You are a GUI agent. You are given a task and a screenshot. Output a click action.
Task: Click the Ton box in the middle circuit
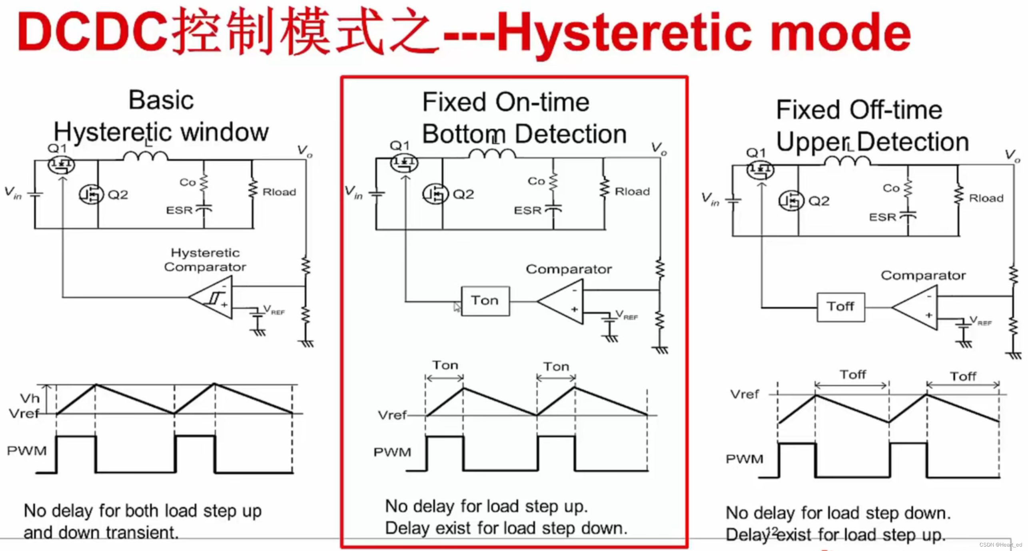click(x=485, y=300)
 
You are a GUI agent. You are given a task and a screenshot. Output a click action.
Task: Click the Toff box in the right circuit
click(x=840, y=306)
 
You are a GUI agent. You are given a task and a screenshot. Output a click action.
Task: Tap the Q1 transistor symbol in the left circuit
click(x=61, y=165)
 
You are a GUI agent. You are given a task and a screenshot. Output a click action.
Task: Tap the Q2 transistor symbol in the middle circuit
click(x=435, y=194)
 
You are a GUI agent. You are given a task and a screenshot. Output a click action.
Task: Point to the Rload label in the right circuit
click(x=986, y=198)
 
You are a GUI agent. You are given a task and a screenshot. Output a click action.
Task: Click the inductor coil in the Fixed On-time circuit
click(x=492, y=153)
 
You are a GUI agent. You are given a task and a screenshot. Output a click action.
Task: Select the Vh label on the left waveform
click(x=30, y=398)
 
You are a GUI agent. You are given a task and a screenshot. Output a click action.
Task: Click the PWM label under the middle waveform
click(x=392, y=452)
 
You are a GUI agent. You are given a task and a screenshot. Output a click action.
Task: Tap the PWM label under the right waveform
click(x=744, y=459)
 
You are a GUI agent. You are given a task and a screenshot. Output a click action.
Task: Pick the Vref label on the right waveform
click(x=744, y=394)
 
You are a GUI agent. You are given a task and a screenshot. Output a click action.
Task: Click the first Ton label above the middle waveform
click(x=445, y=365)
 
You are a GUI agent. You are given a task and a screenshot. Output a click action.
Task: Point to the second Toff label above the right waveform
click(x=963, y=376)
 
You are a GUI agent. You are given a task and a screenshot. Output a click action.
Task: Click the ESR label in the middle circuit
click(x=527, y=210)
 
